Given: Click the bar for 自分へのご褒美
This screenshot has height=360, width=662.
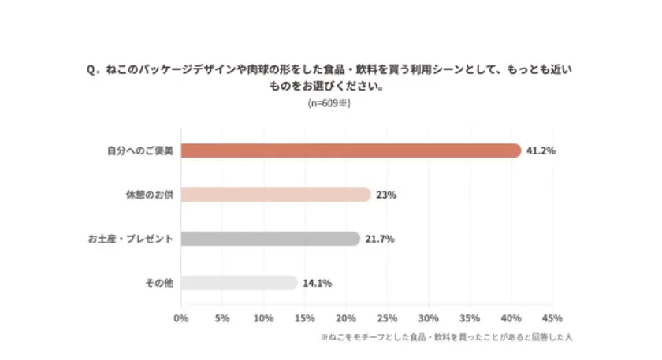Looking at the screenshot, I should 351,150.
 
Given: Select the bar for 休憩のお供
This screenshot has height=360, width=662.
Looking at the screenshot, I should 276,195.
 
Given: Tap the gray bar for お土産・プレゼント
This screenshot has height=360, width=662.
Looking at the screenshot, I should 270,239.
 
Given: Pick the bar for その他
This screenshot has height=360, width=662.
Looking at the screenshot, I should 239,283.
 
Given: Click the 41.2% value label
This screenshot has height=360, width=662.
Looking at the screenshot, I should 541,150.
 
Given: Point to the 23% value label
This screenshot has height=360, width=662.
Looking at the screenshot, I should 386,195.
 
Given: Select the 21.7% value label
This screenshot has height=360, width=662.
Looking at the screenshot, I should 380,239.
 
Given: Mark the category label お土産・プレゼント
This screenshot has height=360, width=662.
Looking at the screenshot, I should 130,239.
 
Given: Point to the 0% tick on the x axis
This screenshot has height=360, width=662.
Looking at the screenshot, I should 180,318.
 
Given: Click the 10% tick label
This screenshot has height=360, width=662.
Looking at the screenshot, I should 263,318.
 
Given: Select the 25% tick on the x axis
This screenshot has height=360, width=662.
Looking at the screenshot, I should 387,318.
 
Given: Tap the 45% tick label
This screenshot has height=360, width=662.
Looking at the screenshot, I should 552,318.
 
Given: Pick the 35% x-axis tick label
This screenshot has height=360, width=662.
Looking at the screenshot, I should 470,318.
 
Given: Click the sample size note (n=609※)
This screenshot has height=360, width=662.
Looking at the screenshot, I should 329,103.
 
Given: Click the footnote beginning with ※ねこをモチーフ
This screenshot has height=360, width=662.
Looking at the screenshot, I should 445,337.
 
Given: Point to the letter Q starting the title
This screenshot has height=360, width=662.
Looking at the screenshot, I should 91,71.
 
